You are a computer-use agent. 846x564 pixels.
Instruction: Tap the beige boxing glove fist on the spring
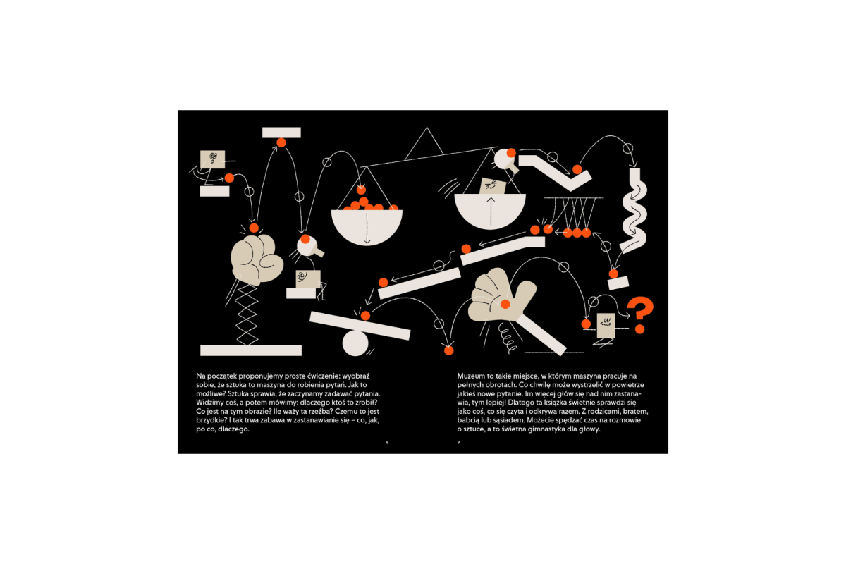coord(257,260)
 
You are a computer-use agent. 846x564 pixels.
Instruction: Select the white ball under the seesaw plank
coord(355,343)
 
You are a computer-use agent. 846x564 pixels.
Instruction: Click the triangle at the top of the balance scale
coord(424,145)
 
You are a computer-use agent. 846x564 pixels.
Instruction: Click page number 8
coord(387,442)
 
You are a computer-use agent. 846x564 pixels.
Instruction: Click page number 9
coord(458,442)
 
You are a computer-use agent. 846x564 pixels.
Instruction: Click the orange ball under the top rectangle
coord(281,142)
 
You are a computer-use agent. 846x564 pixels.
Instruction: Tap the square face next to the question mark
coord(606,325)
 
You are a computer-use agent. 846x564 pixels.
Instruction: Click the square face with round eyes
coord(213,159)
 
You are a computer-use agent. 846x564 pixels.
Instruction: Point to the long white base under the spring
coord(251,350)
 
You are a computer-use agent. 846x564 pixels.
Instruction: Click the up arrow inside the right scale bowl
coord(491,211)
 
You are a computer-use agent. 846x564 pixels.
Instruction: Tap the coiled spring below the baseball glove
coord(507,336)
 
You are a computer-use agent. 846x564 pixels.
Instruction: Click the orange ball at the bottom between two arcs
coord(448,350)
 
